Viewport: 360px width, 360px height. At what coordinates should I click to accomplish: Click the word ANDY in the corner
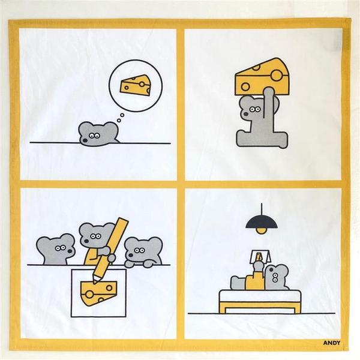click(332, 343)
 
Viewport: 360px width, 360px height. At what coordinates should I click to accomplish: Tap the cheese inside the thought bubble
click(135, 85)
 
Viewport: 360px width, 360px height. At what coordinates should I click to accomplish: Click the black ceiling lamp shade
click(262, 222)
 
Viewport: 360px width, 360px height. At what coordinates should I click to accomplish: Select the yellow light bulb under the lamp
click(261, 231)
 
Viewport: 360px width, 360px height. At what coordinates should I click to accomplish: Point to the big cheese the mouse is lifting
click(262, 76)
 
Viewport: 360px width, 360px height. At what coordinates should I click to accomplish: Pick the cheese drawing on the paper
click(99, 293)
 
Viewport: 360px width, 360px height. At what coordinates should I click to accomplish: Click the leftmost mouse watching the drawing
click(56, 249)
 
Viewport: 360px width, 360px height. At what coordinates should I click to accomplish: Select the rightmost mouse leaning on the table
click(143, 252)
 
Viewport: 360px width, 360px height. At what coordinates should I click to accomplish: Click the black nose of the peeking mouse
click(85, 140)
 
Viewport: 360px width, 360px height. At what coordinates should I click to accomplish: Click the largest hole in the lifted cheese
click(276, 75)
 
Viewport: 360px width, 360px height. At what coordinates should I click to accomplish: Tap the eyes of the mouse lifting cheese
click(255, 109)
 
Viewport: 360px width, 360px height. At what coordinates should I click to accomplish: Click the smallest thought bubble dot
click(119, 121)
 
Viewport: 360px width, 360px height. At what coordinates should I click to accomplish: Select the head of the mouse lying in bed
click(277, 277)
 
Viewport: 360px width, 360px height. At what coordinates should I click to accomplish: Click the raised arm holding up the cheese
click(268, 103)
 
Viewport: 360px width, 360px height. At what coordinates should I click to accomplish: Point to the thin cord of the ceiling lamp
click(262, 210)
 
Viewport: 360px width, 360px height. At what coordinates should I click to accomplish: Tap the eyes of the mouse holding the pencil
click(95, 236)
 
